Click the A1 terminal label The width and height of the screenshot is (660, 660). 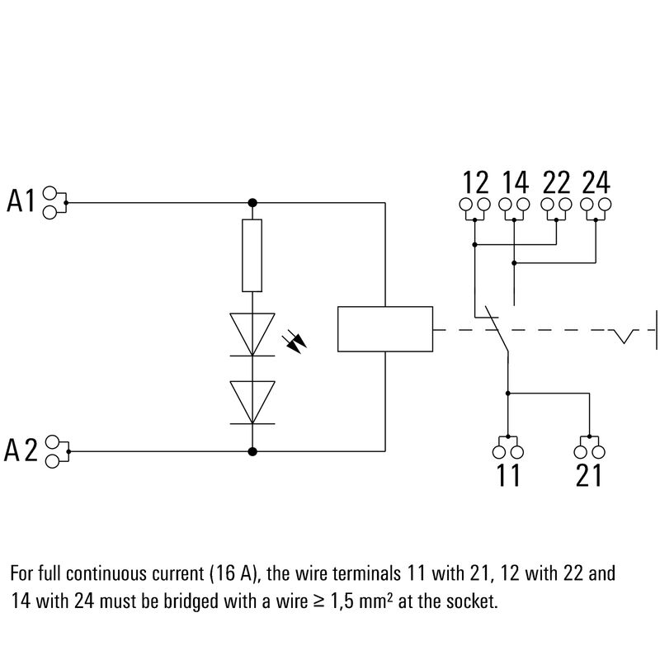(22, 201)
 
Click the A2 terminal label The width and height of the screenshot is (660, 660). (22, 451)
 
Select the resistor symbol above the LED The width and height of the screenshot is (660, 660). (252, 256)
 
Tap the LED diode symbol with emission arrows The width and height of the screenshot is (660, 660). (252, 334)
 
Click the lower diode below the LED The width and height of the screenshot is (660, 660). (252, 402)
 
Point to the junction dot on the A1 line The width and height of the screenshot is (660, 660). (252, 201)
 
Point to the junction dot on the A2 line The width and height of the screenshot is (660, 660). (252, 451)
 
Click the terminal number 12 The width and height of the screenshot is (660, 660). (475, 181)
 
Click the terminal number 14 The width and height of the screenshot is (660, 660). (515, 181)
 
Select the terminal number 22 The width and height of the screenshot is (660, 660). (556, 181)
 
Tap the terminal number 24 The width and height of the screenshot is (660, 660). (596, 181)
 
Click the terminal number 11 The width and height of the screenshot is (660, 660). (508, 476)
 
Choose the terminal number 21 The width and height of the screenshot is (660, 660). (587, 476)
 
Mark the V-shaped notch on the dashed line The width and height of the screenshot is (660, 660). (625, 337)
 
